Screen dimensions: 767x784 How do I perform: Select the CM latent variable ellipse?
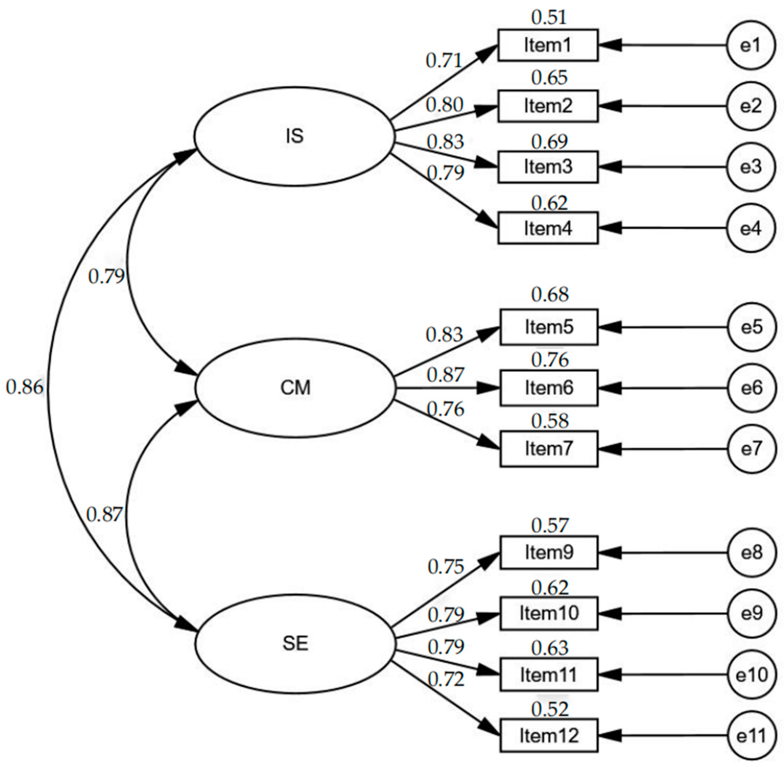(x=295, y=387)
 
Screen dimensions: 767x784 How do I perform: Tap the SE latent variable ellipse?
(x=295, y=643)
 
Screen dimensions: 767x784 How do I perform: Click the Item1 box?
(x=548, y=45)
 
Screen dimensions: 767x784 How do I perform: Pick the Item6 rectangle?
(x=549, y=387)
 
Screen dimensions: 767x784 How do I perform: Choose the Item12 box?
(x=549, y=736)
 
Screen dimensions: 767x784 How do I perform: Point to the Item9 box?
(x=549, y=552)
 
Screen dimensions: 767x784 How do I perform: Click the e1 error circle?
(x=751, y=45)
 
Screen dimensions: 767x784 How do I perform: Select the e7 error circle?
(x=751, y=448)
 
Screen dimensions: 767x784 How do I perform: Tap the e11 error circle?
(x=751, y=736)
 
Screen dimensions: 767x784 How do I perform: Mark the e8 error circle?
(x=751, y=552)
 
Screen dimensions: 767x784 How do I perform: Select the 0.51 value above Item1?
(x=549, y=17)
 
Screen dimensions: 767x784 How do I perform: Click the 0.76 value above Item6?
(x=550, y=359)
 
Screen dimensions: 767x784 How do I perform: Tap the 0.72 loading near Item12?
(x=446, y=680)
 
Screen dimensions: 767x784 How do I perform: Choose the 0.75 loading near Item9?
(x=446, y=566)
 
